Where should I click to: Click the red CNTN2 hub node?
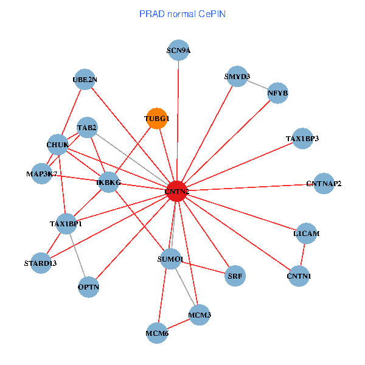176,192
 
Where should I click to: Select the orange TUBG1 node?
157,119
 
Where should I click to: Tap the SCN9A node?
178,50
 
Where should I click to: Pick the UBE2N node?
85,80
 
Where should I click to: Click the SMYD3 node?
237,77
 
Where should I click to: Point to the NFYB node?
277,94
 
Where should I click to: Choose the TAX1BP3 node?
302,139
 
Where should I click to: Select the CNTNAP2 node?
324,183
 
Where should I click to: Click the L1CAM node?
306,234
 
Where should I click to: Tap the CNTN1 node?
299,277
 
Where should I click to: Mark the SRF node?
235,276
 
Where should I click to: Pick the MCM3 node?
200,315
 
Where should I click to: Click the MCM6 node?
157,333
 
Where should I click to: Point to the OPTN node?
89,286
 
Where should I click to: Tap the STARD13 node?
41,263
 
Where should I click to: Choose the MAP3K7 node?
42,174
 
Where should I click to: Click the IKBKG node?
109,182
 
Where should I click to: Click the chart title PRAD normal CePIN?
182,13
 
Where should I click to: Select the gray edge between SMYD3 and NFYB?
257,85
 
